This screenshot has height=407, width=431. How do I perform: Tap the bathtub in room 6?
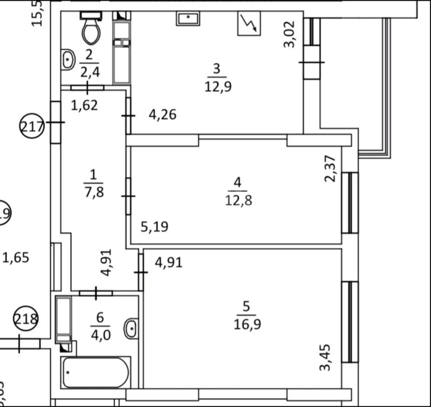tap(96, 372)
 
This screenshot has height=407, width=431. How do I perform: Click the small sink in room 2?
tap(68, 59)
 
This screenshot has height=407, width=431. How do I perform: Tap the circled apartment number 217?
tap(32, 126)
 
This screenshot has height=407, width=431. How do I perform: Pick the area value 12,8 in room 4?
tap(238, 200)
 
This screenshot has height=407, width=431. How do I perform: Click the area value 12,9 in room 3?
tap(218, 86)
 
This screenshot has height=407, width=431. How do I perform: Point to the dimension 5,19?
tap(154, 227)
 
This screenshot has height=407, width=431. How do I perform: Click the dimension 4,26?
tap(162, 115)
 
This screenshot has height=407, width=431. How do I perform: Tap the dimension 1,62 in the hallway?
tap(84, 106)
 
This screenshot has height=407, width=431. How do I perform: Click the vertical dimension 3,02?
tap(289, 34)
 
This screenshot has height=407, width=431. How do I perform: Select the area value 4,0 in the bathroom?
tap(100, 335)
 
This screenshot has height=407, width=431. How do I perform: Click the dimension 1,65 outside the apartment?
tap(16, 258)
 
